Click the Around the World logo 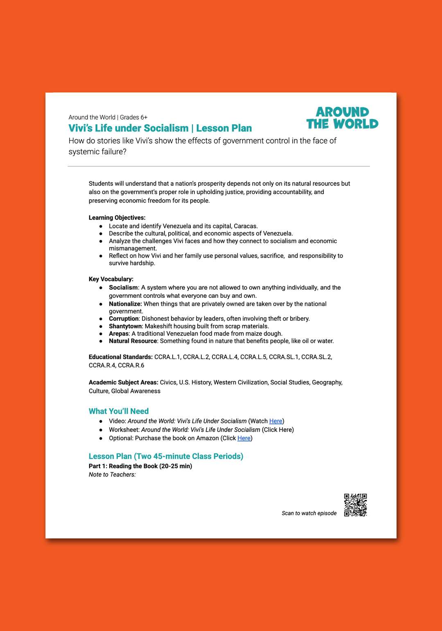[x=342, y=118]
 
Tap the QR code [x=355, y=505]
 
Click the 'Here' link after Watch [x=276, y=421]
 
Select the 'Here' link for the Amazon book [x=244, y=438]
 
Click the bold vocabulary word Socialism [x=123, y=288]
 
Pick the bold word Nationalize [x=125, y=304]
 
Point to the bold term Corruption [x=124, y=319]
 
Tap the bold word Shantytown [x=125, y=326]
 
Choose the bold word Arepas [x=119, y=334]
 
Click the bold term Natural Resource [x=133, y=341]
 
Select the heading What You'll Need [x=119, y=411]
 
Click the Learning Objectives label [x=117, y=218]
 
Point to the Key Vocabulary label [x=111, y=279]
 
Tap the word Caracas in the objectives [x=245, y=226]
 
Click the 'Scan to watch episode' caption [x=309, y=513]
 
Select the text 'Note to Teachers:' [x=112, y=475]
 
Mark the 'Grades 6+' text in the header [x=133, y=117]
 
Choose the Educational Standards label [x=121, y=357]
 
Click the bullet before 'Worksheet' [x=101, y=430]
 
